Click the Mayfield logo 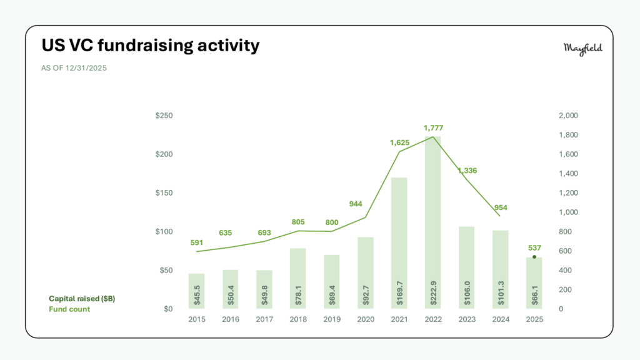pos(582,49)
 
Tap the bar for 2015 pos(196,291)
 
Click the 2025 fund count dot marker pos(534,257)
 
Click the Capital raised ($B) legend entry pos(82,299)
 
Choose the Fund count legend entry pos(69,309)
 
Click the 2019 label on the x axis pos(331,319)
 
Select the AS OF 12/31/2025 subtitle pos(74,68)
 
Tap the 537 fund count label pos(534,247)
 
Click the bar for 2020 pos(365,272)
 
